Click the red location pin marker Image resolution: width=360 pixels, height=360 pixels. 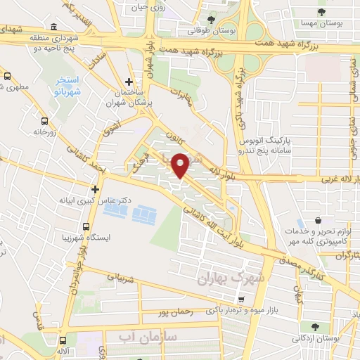click(x=181, y=165)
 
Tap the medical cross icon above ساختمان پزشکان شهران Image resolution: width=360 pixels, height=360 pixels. click(x=129, y=83)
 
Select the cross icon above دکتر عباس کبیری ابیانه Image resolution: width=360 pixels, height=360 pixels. click(x=96, y=188)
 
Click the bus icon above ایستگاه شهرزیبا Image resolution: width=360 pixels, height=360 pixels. click(x=86, y=228)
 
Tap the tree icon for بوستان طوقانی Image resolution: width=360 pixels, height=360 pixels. click(x=212, y=20)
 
